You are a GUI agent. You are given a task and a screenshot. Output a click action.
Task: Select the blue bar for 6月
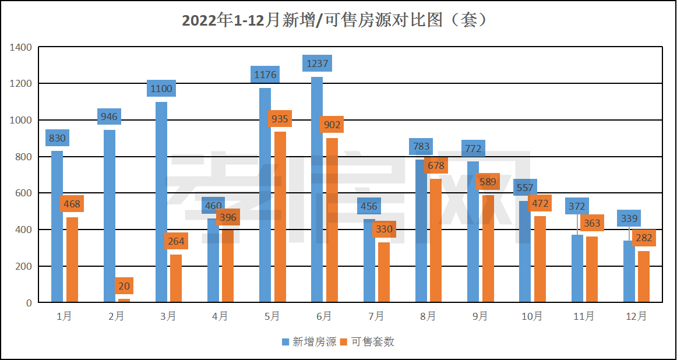(x=317, y=192)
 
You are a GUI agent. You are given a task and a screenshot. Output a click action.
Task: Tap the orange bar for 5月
(x=280, y=221)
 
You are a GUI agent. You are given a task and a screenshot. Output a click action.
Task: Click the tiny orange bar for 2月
(x=124, y=300)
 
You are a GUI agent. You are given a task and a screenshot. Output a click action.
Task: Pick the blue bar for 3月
(x=161, y=204)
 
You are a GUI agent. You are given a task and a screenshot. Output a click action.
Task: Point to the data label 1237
(x=317, y=63)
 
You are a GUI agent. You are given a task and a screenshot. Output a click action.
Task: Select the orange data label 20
(x=124, y=286)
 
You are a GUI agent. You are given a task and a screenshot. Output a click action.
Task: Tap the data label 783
(x=421, y=146)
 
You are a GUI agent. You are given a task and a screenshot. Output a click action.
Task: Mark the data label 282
(x=644, y=238)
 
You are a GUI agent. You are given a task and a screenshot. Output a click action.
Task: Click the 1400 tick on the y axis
(x=22, y=47)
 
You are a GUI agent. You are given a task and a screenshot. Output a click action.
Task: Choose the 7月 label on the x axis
(x=376, y=316)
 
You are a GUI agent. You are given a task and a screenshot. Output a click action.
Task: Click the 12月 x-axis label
(x=636, y=316)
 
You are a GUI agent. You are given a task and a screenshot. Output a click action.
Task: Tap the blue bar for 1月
(x=57, y=227)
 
